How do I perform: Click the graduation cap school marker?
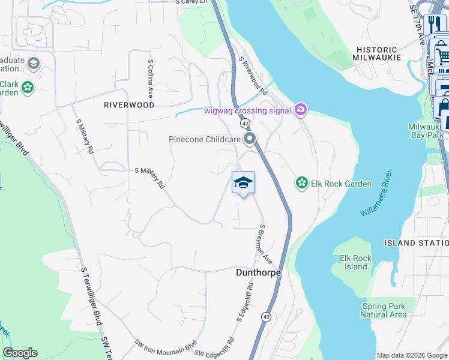(243, 182)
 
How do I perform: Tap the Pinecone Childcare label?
(204, 139)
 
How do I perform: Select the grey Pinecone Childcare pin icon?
(250, 139)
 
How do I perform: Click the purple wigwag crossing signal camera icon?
(301, 110)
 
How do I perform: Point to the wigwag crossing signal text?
(247, 110)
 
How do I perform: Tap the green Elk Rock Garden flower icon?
(301, 183)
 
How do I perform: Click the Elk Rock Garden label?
(341, 184)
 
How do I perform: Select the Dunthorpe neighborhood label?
(257, 272)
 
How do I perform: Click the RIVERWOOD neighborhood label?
(129, 104)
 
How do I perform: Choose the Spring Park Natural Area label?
(384, 310)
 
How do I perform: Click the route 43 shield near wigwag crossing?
(246, 123)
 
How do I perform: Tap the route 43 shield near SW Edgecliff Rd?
(266, 316)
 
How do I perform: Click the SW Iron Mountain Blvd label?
(166, 346)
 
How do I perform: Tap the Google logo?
(20, 353)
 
